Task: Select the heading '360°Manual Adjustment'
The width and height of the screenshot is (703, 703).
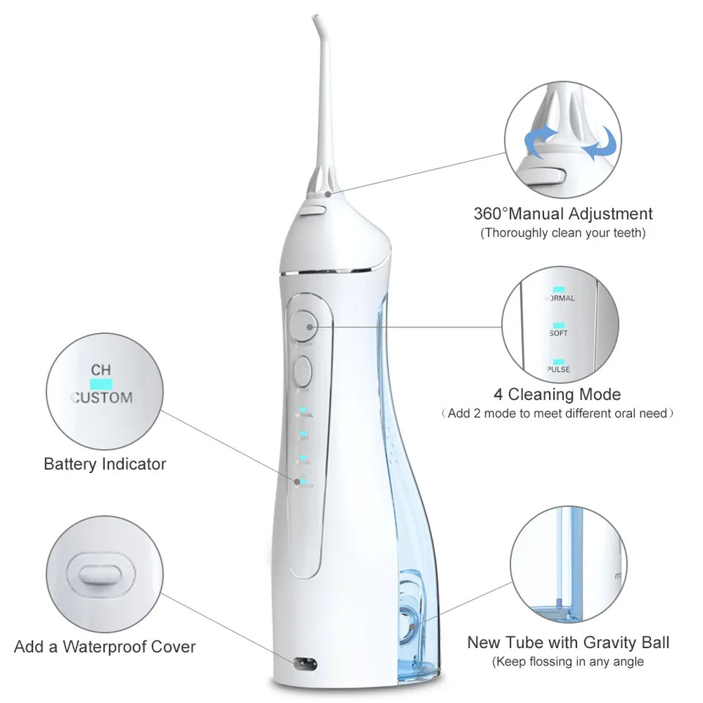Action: [562, 215]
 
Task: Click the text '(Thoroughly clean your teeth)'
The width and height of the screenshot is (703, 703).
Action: [562, 234]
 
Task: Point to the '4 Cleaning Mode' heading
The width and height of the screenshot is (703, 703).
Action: [557, 395]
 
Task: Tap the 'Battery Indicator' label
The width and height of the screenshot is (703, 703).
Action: [105, 464]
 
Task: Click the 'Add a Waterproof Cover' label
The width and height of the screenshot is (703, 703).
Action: [105, 647]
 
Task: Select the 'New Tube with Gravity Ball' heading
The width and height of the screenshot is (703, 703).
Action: [568, 644]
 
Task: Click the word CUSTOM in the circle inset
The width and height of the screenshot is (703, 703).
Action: [103, 398]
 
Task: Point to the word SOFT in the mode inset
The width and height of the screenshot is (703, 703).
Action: [559, 333]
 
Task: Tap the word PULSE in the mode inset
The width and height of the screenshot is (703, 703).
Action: [559, 370]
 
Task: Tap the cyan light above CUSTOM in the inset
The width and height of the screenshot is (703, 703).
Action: [101, 383]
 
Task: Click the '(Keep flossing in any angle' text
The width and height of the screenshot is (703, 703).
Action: [568, 662]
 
